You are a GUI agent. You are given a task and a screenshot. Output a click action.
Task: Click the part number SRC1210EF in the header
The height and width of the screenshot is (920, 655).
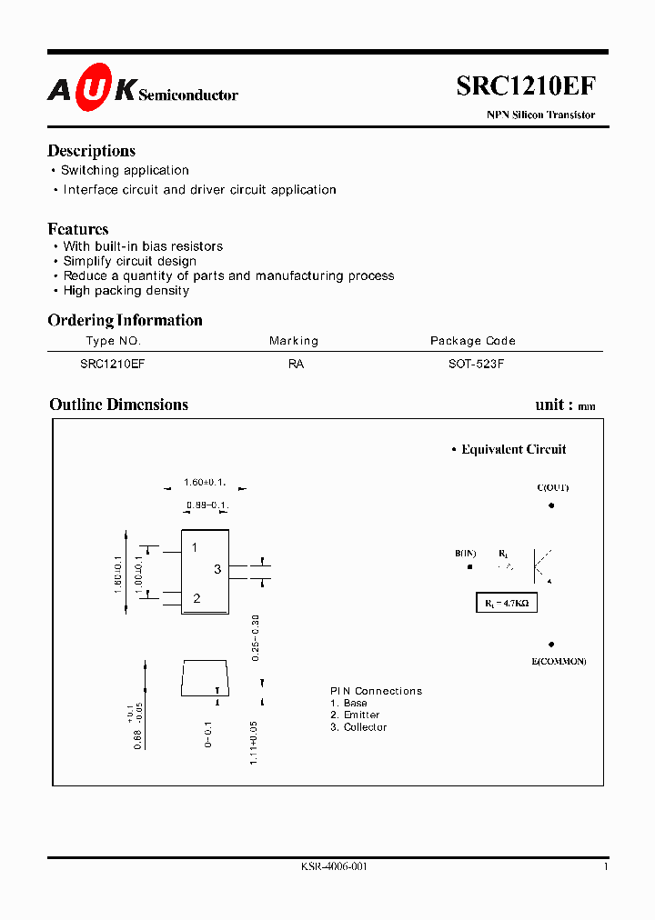[x=526, y=86]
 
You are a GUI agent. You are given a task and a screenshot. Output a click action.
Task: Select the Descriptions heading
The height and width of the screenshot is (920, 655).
[x=91, y=151]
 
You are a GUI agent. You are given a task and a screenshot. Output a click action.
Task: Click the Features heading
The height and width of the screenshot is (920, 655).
[x=78, y=229]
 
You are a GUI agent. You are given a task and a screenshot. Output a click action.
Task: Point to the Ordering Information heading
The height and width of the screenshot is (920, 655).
[x=125, y=320]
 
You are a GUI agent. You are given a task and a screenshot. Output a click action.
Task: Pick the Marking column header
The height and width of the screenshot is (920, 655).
[x=294, y=341]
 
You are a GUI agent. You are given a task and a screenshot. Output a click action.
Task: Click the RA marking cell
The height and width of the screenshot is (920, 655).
[x=296, y=364]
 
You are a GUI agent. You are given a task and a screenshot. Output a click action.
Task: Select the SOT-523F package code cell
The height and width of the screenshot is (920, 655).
[x=473, y=364]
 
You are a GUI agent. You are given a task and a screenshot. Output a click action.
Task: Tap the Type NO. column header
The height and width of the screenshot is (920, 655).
[x=113, y=341]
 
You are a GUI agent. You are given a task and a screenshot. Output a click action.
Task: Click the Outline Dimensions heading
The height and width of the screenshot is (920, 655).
[x=118, y=405]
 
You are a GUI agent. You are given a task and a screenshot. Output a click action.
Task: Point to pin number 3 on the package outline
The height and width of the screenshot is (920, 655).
[x=217, y=569]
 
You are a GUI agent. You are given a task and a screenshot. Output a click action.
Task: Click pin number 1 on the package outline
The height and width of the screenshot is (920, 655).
[x=195, y=547]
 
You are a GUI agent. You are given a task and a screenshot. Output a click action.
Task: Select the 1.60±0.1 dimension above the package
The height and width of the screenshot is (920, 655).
[x=205, y=483]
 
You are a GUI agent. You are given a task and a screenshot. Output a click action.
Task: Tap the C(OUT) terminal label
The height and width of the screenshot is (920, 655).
[x=552, y=488]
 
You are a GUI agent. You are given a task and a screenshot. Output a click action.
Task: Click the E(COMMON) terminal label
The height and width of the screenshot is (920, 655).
[x=559, y=661]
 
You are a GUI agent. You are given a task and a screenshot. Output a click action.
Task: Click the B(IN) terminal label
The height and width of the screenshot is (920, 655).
[x=466, y=554]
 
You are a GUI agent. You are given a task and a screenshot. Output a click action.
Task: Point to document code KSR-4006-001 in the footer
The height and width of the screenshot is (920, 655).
[x=334, y=867]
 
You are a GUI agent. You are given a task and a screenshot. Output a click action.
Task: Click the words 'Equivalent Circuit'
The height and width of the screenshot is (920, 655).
[x=513, y=449]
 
